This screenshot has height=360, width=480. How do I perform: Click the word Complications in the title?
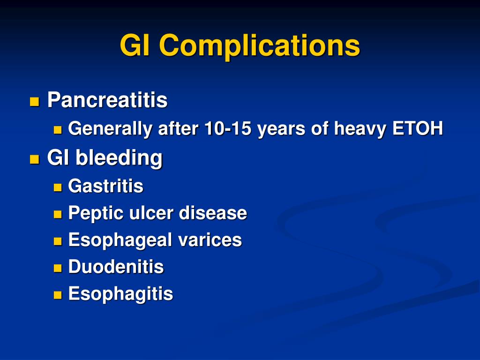point(259,46)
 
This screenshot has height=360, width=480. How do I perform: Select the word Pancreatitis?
point(107,100)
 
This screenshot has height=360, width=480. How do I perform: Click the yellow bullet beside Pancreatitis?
point(35,102)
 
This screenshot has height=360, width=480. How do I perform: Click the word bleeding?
point(119,158)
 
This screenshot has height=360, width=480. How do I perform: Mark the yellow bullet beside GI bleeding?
point(35,159)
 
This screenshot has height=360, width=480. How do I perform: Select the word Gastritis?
point(105,186)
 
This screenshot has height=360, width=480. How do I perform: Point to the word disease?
point(213,213)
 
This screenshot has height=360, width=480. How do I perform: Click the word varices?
point(210,240)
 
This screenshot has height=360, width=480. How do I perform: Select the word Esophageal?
point(120,240)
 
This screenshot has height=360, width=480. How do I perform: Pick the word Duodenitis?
point(116,266)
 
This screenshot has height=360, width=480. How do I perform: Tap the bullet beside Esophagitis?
point(58,295)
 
